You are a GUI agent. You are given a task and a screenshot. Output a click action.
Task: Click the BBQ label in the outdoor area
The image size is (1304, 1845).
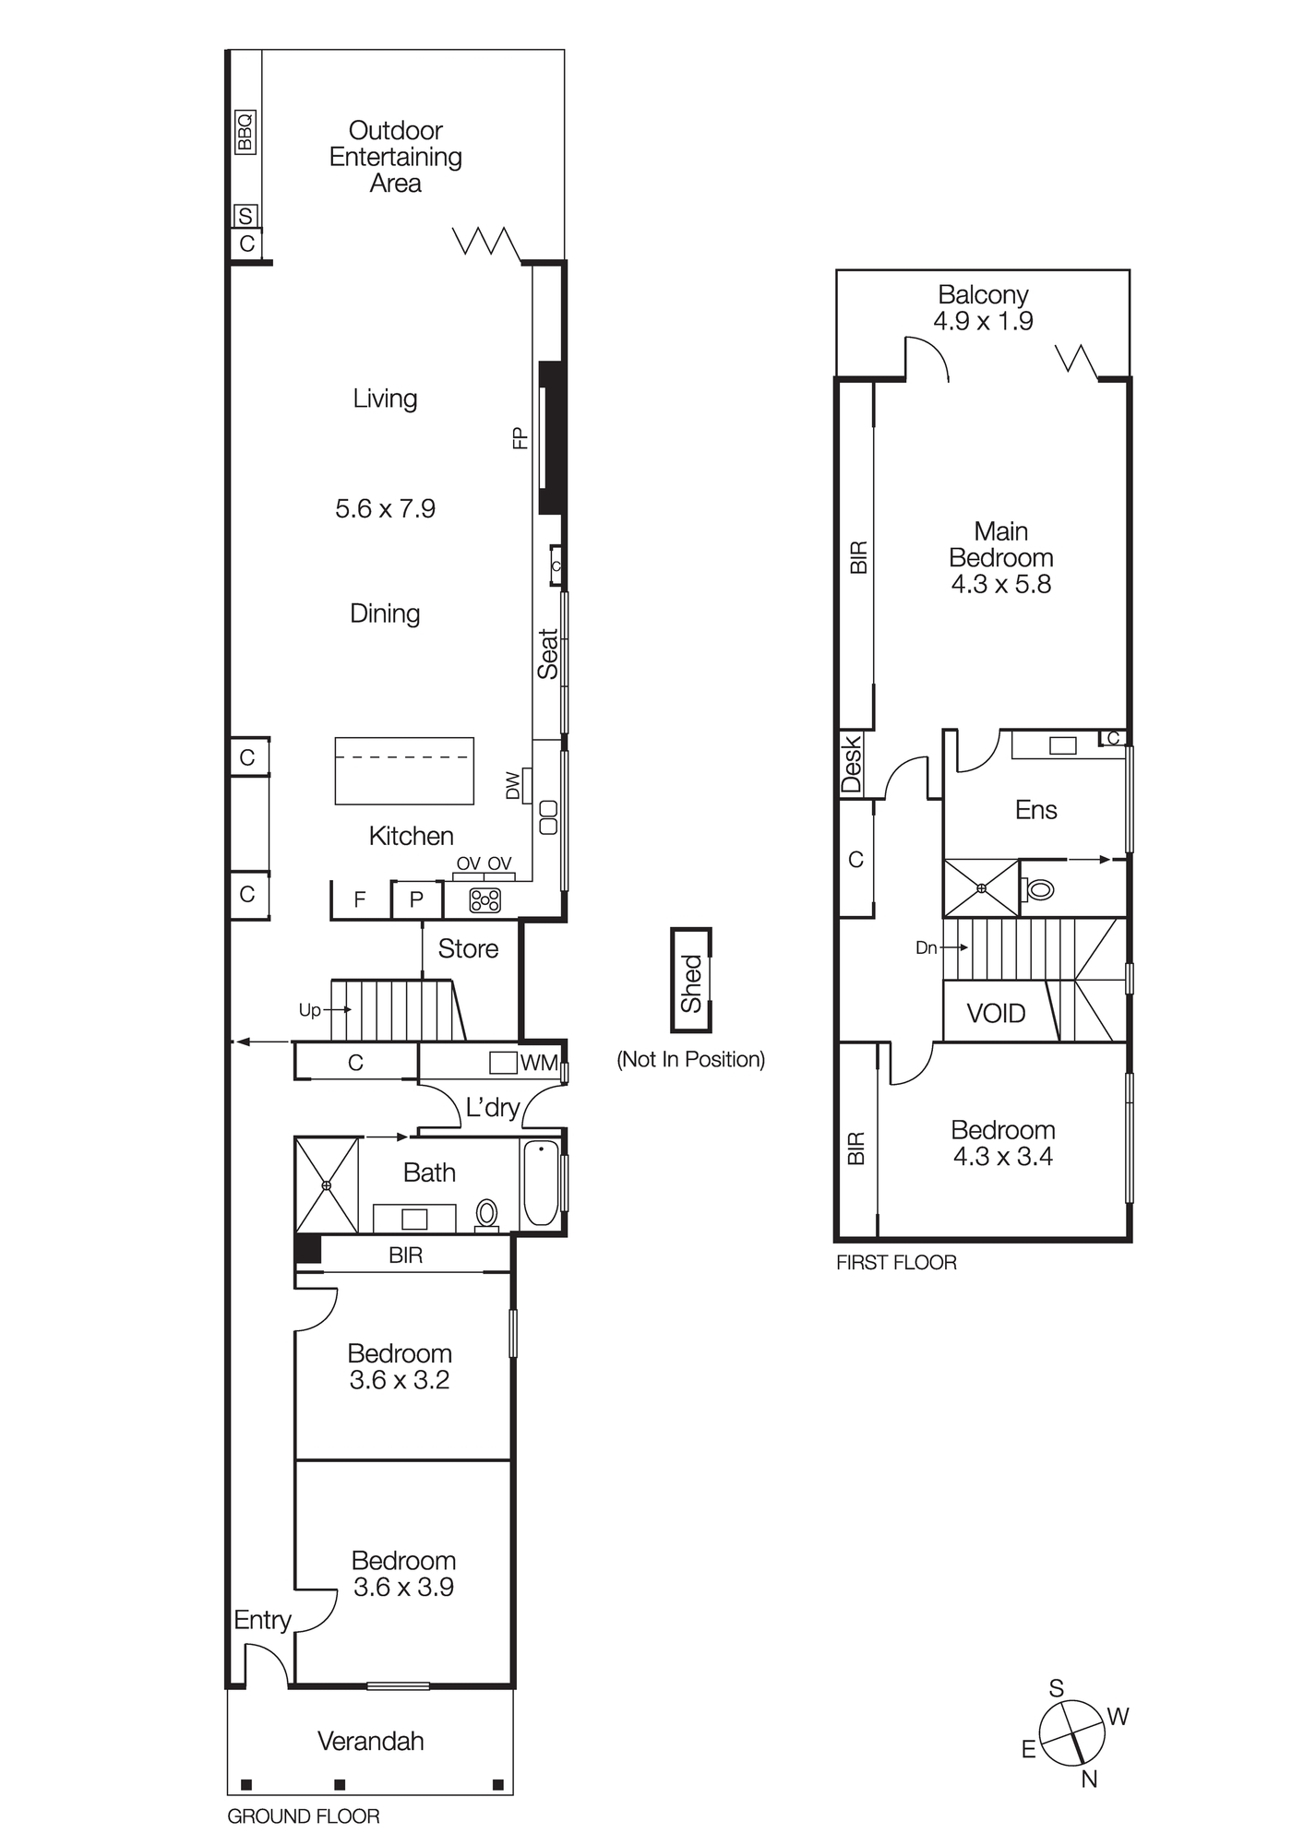(245, 132)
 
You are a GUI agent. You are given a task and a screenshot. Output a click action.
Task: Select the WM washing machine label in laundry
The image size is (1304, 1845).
(538, 1063)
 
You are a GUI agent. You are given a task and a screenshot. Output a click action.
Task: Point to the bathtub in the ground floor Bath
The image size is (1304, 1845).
(541, 1183)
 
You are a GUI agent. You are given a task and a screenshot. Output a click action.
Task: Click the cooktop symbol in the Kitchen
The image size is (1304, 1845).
(485, 900)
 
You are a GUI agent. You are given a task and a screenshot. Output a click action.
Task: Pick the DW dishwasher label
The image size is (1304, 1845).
(513, 786)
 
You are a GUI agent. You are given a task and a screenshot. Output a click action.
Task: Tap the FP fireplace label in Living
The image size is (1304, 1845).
(520, 437)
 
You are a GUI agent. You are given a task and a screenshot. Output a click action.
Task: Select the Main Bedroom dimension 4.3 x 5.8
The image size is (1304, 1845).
(1001, 584)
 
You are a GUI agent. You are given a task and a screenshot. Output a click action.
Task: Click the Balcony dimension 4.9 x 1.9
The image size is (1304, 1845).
(983, 321)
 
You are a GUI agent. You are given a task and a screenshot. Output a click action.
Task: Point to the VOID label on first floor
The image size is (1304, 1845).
(996, 1014)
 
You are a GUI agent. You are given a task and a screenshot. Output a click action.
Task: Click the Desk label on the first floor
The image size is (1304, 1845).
(851, 764)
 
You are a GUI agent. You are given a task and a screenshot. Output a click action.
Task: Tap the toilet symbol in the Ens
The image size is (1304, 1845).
(1039, 890)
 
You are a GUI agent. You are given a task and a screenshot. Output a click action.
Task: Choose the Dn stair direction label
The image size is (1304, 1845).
(926, 947)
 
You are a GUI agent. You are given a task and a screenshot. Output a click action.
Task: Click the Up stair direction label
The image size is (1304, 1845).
(309, 1010)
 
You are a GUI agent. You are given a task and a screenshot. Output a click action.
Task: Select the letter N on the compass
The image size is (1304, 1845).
(1089, 1780)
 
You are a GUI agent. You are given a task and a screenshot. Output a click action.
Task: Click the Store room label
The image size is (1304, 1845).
(468, 949)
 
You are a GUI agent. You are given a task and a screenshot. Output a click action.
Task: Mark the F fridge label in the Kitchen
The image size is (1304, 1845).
(360, 899)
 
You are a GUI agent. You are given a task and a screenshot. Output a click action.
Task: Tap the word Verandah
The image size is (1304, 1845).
(371, 1742)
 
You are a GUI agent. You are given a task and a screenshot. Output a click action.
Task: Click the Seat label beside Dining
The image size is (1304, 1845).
(548, 654)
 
